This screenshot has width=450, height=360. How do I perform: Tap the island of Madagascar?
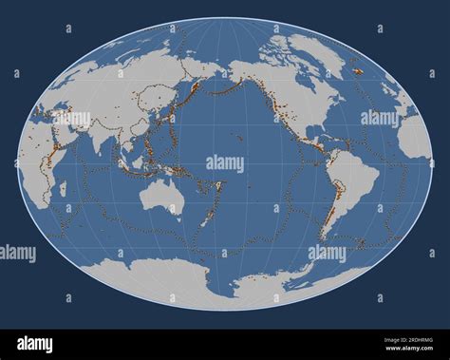point(63,189)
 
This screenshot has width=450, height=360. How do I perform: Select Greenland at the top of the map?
point(313,52)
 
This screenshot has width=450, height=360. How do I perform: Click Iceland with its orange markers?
point(359,70)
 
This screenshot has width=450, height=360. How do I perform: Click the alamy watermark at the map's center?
point(225,163)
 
